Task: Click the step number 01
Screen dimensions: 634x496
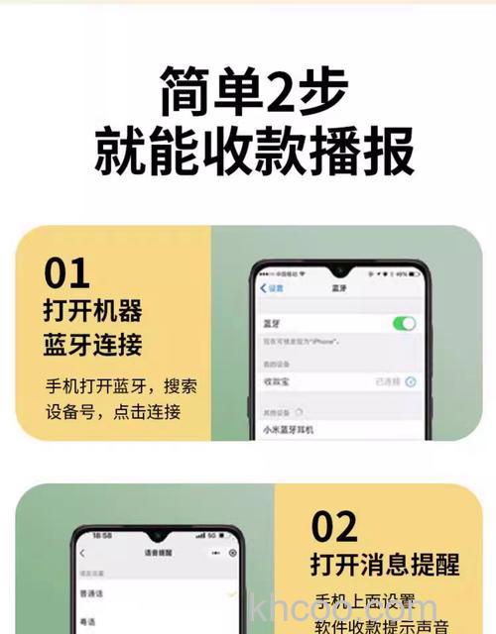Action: [66, 272]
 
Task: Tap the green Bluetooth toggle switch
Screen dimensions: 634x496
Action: [404, 323]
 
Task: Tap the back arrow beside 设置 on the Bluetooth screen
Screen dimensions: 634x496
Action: [263, 288]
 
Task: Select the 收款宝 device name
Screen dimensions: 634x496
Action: [278, 380]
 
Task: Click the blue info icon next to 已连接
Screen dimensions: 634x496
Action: [410, 380]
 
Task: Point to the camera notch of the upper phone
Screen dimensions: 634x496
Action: [339, 268]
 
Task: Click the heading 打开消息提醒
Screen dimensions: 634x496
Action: [384, 566]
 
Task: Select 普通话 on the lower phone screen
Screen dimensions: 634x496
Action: [90, 592]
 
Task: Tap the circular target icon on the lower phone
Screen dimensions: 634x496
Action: [233, 553]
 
